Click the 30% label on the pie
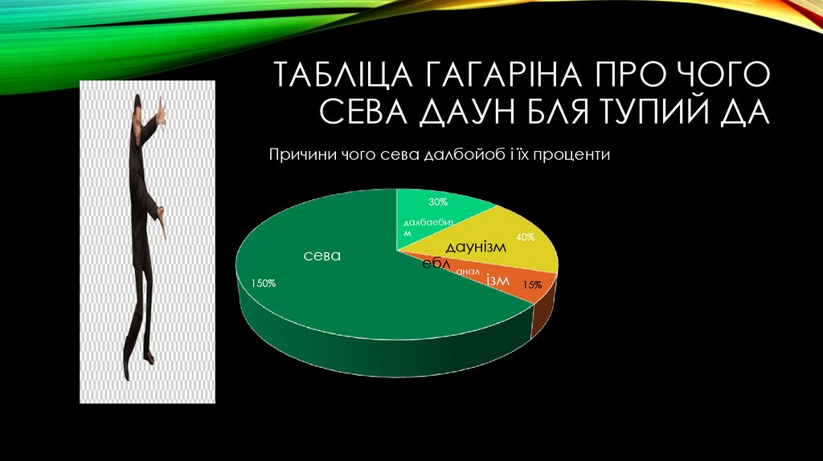point(438,202)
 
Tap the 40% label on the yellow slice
point(526,237)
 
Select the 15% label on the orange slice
point(531,284)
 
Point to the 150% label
point(264,283)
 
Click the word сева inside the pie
point(321,255)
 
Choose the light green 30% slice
point(446,212)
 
